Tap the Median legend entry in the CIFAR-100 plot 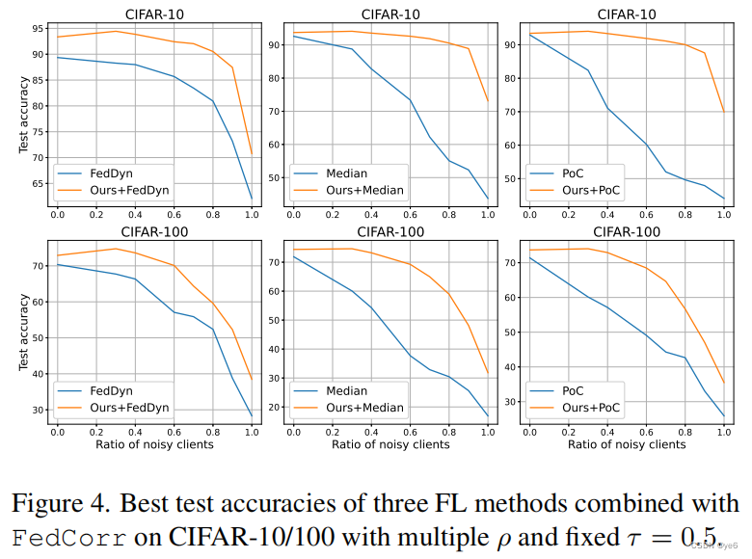pos(344,392)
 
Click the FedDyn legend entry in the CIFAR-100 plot pos(110,392)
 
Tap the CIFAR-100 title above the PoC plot pos(628,231)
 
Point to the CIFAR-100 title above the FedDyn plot pos(155,231)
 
